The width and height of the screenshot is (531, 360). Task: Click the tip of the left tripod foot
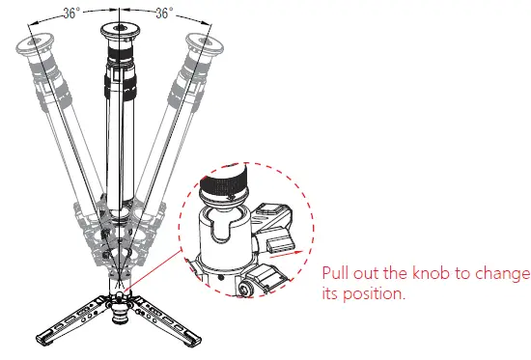41,339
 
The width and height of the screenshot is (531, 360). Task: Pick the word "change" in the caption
503,273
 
